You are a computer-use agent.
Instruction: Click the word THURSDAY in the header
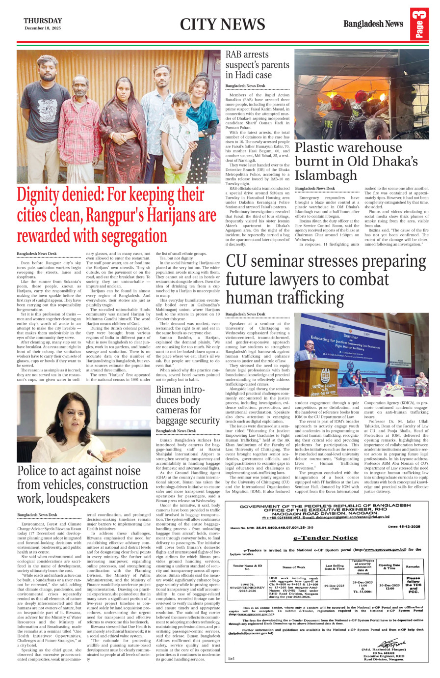[43, 21]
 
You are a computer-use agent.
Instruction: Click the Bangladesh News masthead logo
[373, 24]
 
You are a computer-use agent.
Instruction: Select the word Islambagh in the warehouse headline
[326, 175]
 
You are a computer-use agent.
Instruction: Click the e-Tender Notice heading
[325, 537]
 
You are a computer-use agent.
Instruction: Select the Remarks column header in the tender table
[413, 566]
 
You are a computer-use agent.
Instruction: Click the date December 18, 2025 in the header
[43, 28]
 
